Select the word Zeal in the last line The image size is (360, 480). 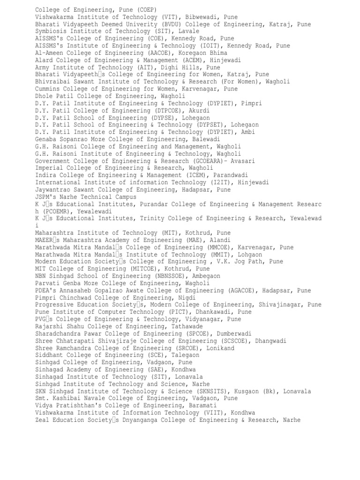click(x=43, y=420)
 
